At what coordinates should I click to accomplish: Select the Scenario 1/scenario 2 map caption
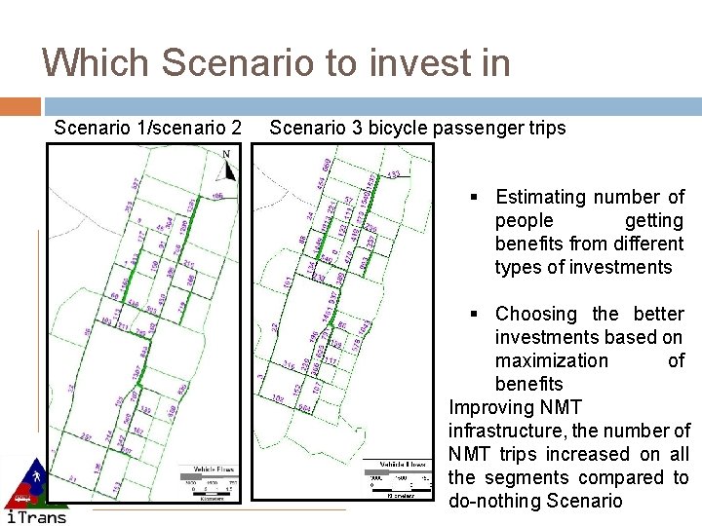click(148, 128)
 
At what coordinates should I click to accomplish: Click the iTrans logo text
click(37, 516)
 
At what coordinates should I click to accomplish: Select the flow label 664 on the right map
click(305, 407)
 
